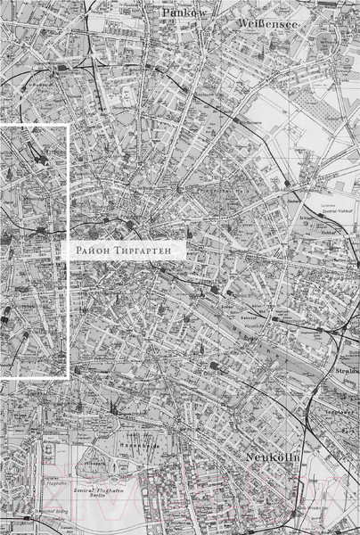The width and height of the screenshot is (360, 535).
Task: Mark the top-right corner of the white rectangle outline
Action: (69, 126)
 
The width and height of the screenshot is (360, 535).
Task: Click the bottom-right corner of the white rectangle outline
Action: (69, 378)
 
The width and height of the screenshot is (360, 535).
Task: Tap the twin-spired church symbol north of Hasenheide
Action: (113, 407)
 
